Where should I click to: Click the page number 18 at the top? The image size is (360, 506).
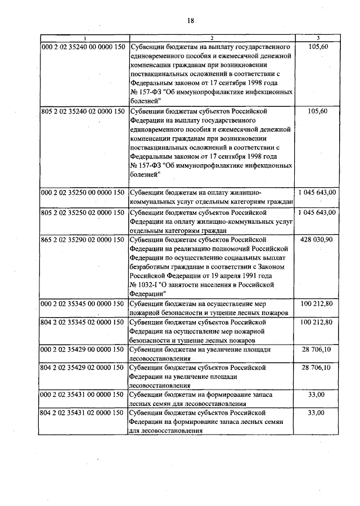(x=190, y=21)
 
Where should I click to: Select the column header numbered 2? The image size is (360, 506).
(x=211, y=38)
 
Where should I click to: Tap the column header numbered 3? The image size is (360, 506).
(x=318, y=38)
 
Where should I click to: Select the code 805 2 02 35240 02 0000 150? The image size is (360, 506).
(x=83, y=111)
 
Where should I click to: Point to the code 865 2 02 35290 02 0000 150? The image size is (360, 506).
(x=83, y=240)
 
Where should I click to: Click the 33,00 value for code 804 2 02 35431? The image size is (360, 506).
(x=318, y=413)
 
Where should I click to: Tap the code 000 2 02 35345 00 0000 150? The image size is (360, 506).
(x=83, y=304)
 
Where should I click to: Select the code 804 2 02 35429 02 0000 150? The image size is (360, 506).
(x=83, y=368)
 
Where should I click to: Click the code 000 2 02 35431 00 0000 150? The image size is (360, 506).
(x=83, y=395)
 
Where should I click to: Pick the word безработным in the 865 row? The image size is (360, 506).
(x=151, y=267)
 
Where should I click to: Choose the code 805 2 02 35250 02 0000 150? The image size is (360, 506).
(x=83, y=213)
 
